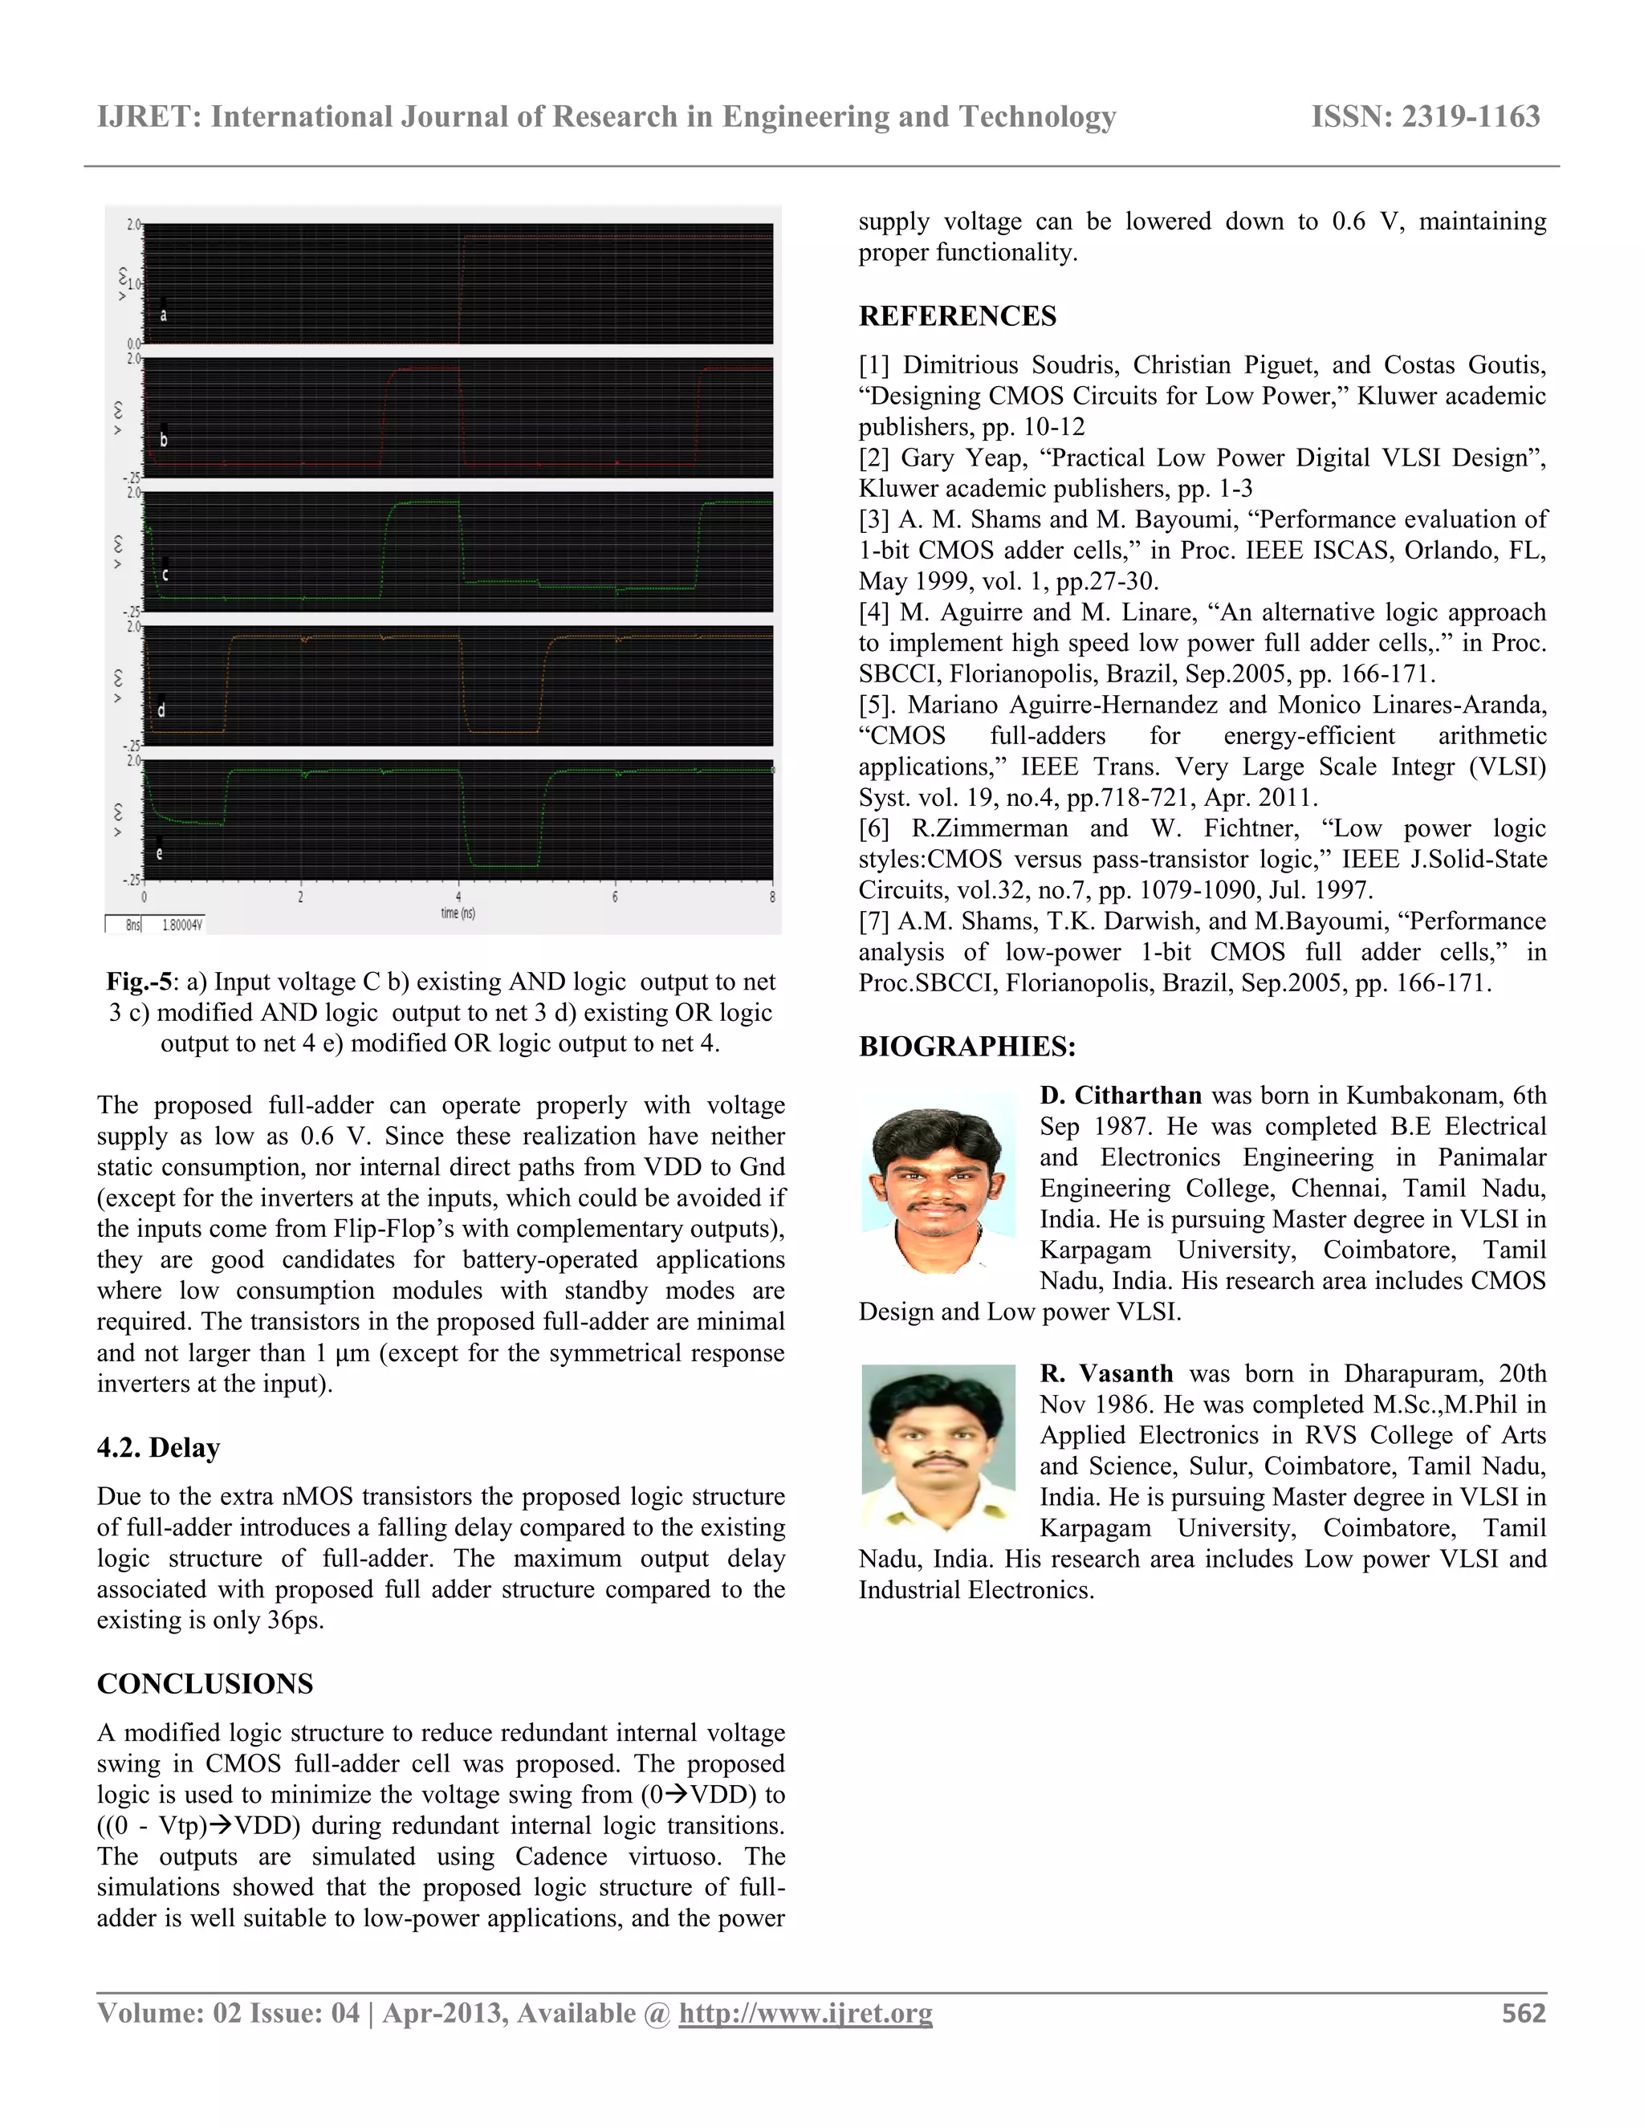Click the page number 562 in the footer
point(1524,2013)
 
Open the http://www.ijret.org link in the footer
point(805,2013)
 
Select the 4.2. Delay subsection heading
point(158,1447)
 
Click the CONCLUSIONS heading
point(205,1684)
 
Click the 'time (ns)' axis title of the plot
point(458,913)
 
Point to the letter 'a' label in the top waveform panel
point(164,315)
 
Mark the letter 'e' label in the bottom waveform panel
point(160,854)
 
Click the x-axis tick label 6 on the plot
point(615,897)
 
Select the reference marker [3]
point(873,520)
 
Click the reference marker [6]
point(873,829)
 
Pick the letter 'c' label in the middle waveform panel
point(165,575)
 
